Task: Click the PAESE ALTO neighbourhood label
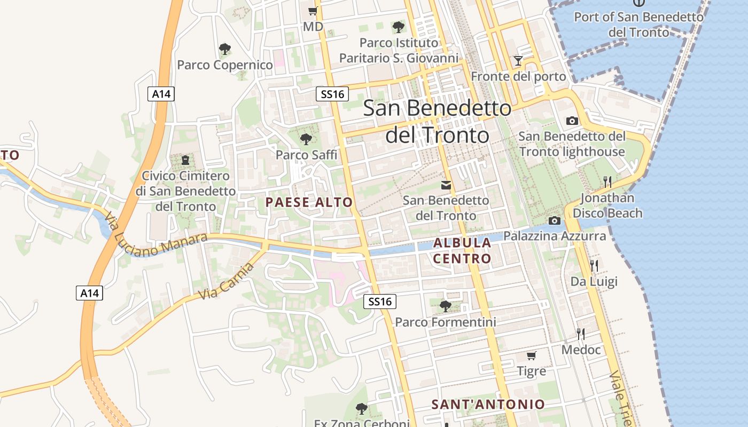pos(309,202)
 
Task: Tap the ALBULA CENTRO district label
pos(462,251)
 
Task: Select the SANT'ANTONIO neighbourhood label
pos(488,404)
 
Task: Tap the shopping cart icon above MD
pos(313,11)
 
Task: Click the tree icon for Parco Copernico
pos(225,49)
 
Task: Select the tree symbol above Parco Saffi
pos(306,139)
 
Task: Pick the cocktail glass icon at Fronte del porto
pos(518,61)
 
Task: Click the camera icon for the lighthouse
pos(572,121)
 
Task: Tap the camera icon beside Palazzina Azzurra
pos(555,220)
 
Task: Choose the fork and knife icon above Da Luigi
pos(594,265)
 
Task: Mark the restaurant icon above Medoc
pos(581,334)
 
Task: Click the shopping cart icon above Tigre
pos(531,355)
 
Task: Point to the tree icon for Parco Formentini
pos(445,306)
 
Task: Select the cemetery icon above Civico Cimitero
pos(185,160)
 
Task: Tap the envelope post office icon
pos(446,185)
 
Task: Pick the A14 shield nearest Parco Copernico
pos(161,94)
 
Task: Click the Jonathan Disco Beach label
pos(607,205)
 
